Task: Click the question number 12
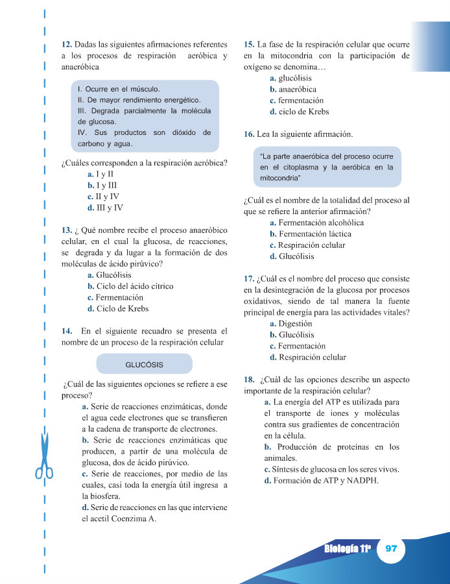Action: click(x=66, y=44)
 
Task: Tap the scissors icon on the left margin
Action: click(x=44, y=454)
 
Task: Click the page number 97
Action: click(x=390, y=548)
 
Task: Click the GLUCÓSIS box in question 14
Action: click(x=144, y=363)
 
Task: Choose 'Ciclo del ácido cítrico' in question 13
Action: click(x=130, y=286)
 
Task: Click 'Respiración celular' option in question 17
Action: click(x=307, y=358)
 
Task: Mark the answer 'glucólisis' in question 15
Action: click(x=290, y=79)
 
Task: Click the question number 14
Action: click(x=66, y=331)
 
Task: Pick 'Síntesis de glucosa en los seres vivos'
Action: click(x=331, y=470)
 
